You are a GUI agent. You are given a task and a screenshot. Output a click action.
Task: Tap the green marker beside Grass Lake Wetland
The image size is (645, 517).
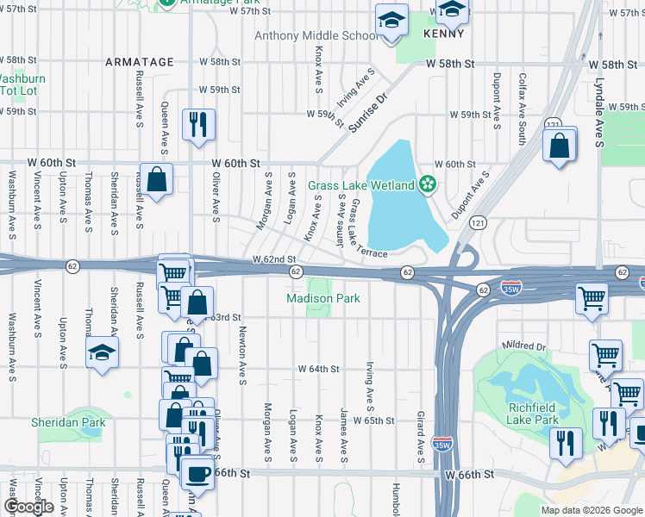427,184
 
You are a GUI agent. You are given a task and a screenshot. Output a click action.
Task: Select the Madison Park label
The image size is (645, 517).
323,299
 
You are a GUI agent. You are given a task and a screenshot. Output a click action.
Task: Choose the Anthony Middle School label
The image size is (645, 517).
316,35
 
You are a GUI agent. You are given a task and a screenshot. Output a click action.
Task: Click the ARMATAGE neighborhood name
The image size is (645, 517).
140,62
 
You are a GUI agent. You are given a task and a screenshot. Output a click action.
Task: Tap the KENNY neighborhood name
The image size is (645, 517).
444,34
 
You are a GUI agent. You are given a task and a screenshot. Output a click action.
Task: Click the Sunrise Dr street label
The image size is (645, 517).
371,113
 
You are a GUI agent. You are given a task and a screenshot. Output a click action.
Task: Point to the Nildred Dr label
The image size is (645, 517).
527,346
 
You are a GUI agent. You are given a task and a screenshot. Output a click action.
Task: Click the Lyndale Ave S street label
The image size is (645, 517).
598,96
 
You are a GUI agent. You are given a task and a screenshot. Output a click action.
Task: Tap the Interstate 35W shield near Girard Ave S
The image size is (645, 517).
441,445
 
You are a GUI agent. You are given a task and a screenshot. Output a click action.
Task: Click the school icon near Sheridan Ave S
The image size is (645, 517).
102,352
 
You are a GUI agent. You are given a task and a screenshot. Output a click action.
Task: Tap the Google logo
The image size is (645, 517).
28,507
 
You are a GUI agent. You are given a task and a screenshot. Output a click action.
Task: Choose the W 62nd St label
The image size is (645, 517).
274,259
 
